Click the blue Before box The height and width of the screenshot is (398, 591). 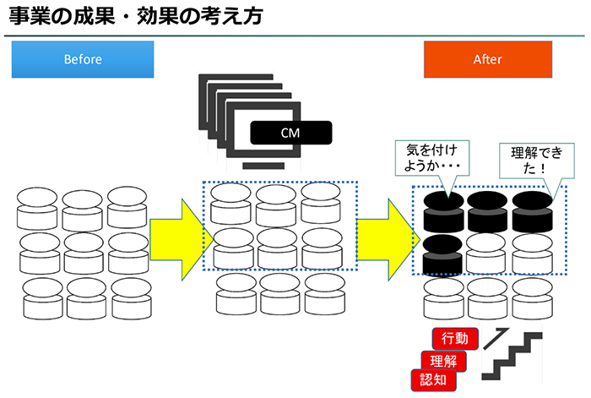(x=83, y=59)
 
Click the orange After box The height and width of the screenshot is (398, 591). (x=487, y=59)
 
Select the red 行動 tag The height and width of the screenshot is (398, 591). (x=455, y=339)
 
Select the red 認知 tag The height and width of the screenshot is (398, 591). (x=431, y=380)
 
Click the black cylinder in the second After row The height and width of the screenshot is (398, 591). (x=442, y=254)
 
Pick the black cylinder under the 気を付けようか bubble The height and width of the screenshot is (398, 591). (x=442, y=211)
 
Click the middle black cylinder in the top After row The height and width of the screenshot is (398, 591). (x=487, y=211)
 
